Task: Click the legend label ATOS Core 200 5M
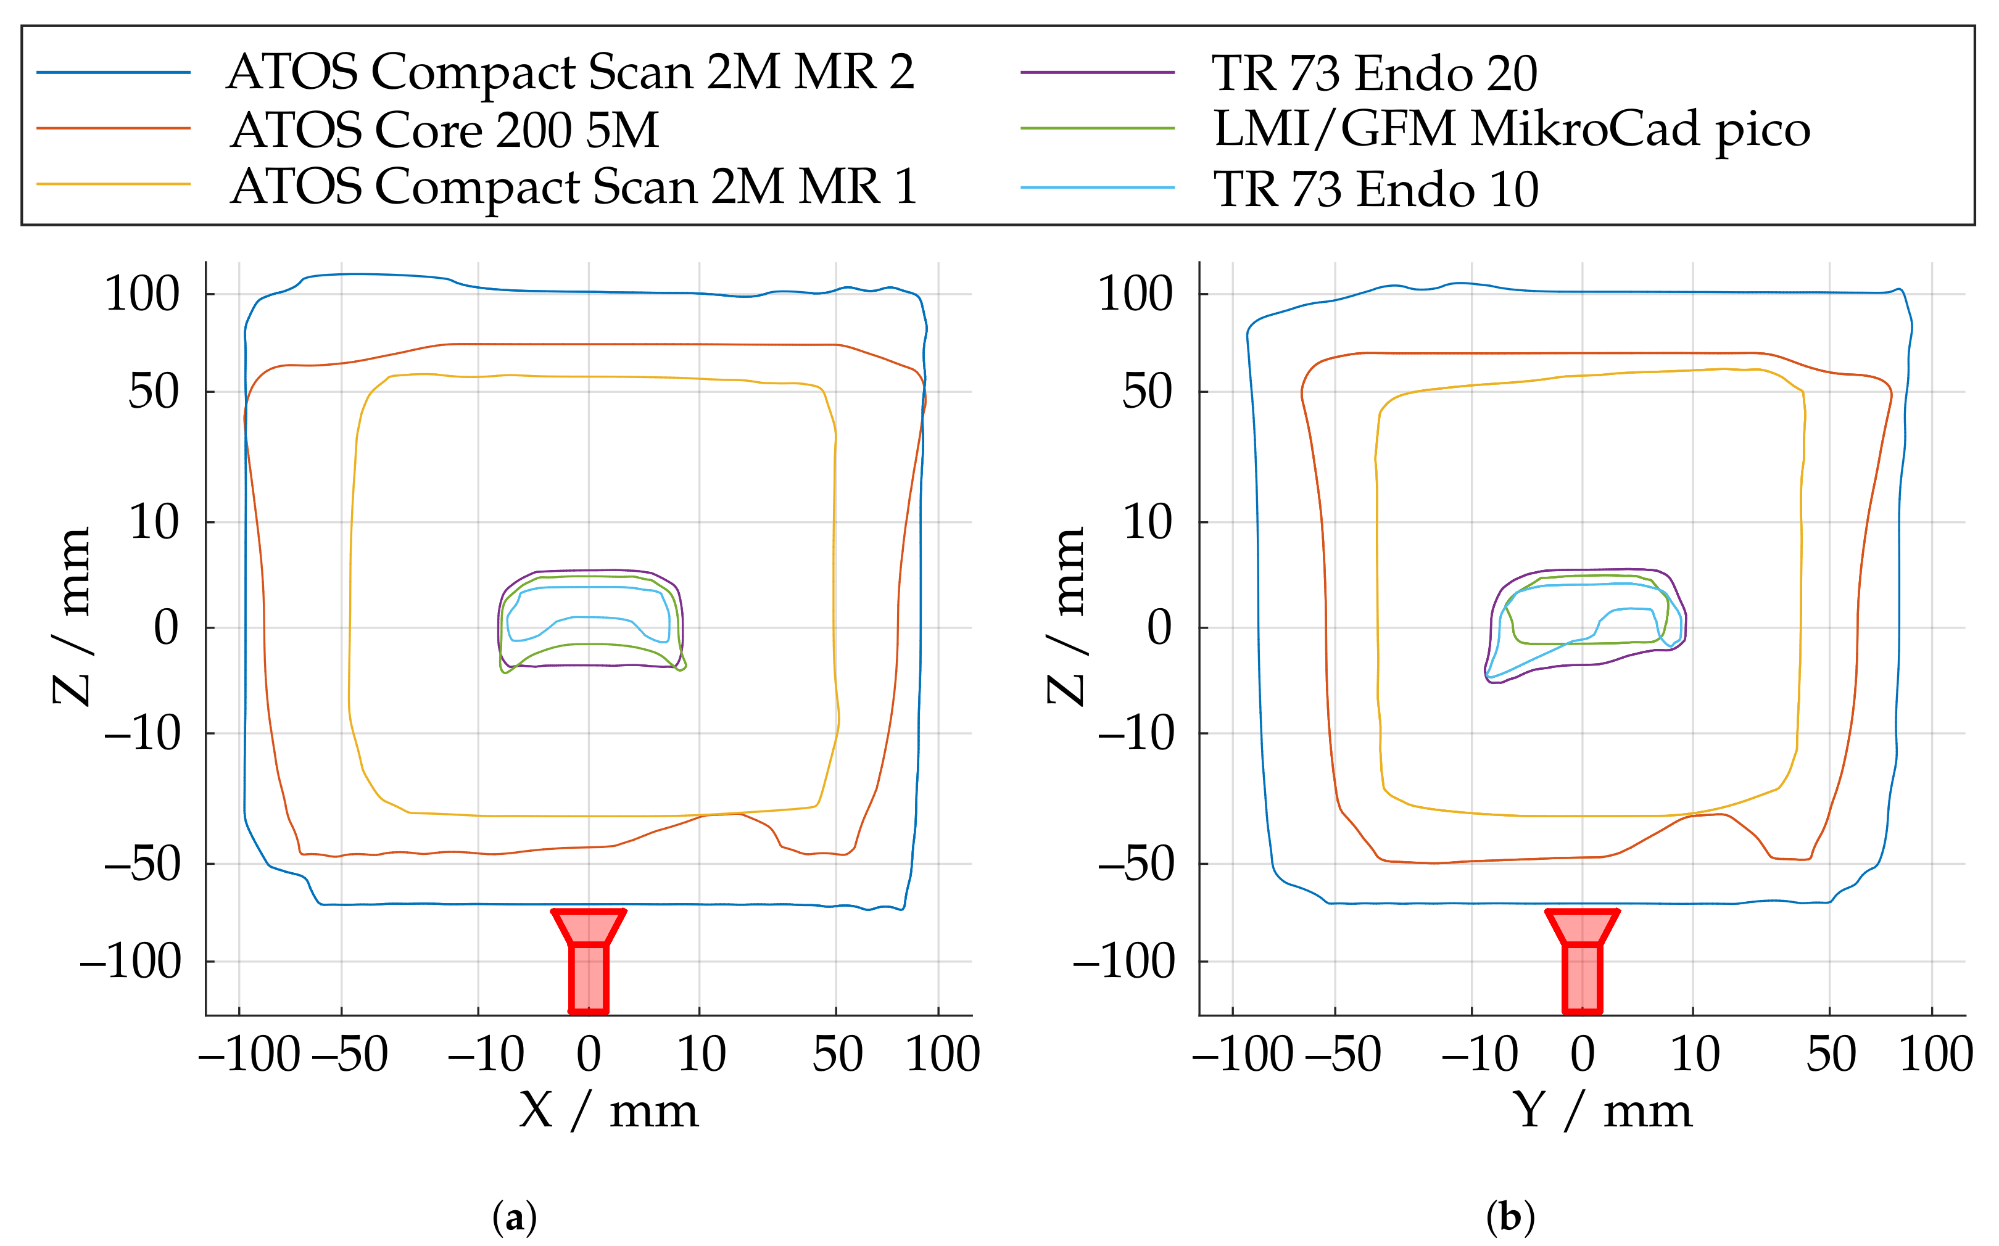pyautogui.click(x=445, y=130)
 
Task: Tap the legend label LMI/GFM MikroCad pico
pyautogui.click(x=1512, y=130)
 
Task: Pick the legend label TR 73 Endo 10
pyautogui.click(x=1375, y=189)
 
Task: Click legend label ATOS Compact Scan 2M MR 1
pyautogui.click(x=574, y=186)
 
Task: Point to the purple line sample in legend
pyautogui.click(x=1096, y=73)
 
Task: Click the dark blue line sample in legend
pyautogui.click(x=114, y=73)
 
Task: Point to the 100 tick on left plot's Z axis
pyautogui.click(x=142, y=294)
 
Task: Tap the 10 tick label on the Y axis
pyautogui.click(x=1695, y=1054)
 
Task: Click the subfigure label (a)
pyautogui.click(x=515, y=1217)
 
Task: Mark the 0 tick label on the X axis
pyautogui.click(x=589, y=1054)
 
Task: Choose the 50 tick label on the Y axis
pyautogui.click(x=1831, y=1054)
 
